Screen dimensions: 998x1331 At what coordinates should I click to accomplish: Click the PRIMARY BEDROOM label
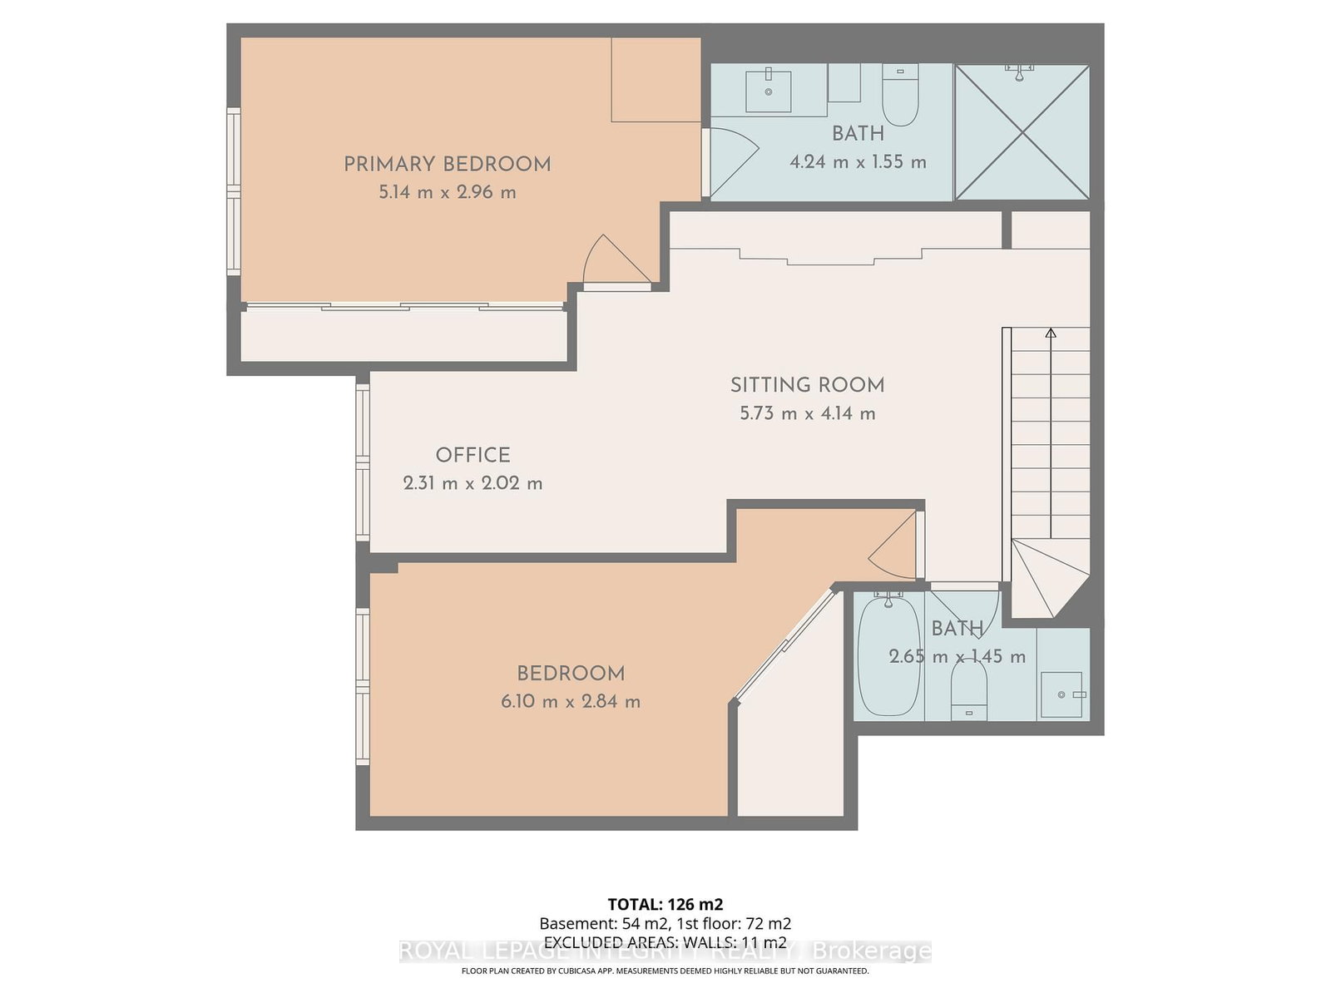tap(447, 164)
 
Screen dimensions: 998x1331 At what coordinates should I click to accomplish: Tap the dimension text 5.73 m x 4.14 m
tap(807, 413)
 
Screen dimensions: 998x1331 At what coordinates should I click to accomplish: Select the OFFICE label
tap(473, 455)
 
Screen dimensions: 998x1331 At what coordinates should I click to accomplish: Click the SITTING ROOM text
tap(807, 385)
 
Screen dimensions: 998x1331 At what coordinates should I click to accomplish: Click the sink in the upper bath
tap(768, 90)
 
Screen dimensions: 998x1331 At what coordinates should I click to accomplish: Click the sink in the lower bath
tap(1061, 694)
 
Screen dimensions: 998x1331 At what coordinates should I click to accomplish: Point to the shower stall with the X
tap(1022, 133)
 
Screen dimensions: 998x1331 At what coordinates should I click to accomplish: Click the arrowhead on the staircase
tap(1051, 333)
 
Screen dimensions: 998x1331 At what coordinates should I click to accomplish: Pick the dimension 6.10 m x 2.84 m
tap(571, 701)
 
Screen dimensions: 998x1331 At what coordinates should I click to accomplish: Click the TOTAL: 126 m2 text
tap(665, 904)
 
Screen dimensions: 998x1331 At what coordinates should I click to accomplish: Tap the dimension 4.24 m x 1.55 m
tap(858, 162)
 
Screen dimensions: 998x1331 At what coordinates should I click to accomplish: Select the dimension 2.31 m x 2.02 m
tap(473, 483)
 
